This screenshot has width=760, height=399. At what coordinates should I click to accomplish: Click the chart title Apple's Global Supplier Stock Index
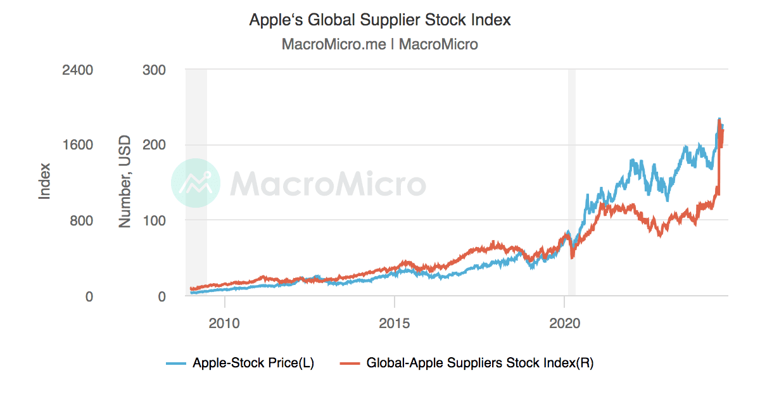380,20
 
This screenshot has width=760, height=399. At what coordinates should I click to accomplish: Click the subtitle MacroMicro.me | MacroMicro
380,44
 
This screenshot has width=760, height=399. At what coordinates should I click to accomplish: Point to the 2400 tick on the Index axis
77,70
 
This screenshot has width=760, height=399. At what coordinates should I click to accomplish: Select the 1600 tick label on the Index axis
77,145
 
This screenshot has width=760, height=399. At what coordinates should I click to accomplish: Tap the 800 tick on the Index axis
81,220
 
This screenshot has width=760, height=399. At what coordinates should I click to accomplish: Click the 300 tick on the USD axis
155,70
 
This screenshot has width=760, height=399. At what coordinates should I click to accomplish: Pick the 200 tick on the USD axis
155,145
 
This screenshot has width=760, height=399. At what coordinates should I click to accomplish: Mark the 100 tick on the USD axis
155,220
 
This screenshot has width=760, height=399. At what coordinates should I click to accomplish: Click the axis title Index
44,182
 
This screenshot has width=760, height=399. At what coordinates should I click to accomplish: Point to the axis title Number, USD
125,182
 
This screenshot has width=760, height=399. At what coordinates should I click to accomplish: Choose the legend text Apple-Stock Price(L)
253,363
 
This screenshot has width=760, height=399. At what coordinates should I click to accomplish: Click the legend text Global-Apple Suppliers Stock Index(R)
480,363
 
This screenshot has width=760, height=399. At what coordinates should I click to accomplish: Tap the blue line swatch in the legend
176,363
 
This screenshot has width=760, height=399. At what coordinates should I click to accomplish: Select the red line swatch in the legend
350,363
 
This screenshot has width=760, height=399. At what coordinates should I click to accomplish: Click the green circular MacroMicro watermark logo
196,184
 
